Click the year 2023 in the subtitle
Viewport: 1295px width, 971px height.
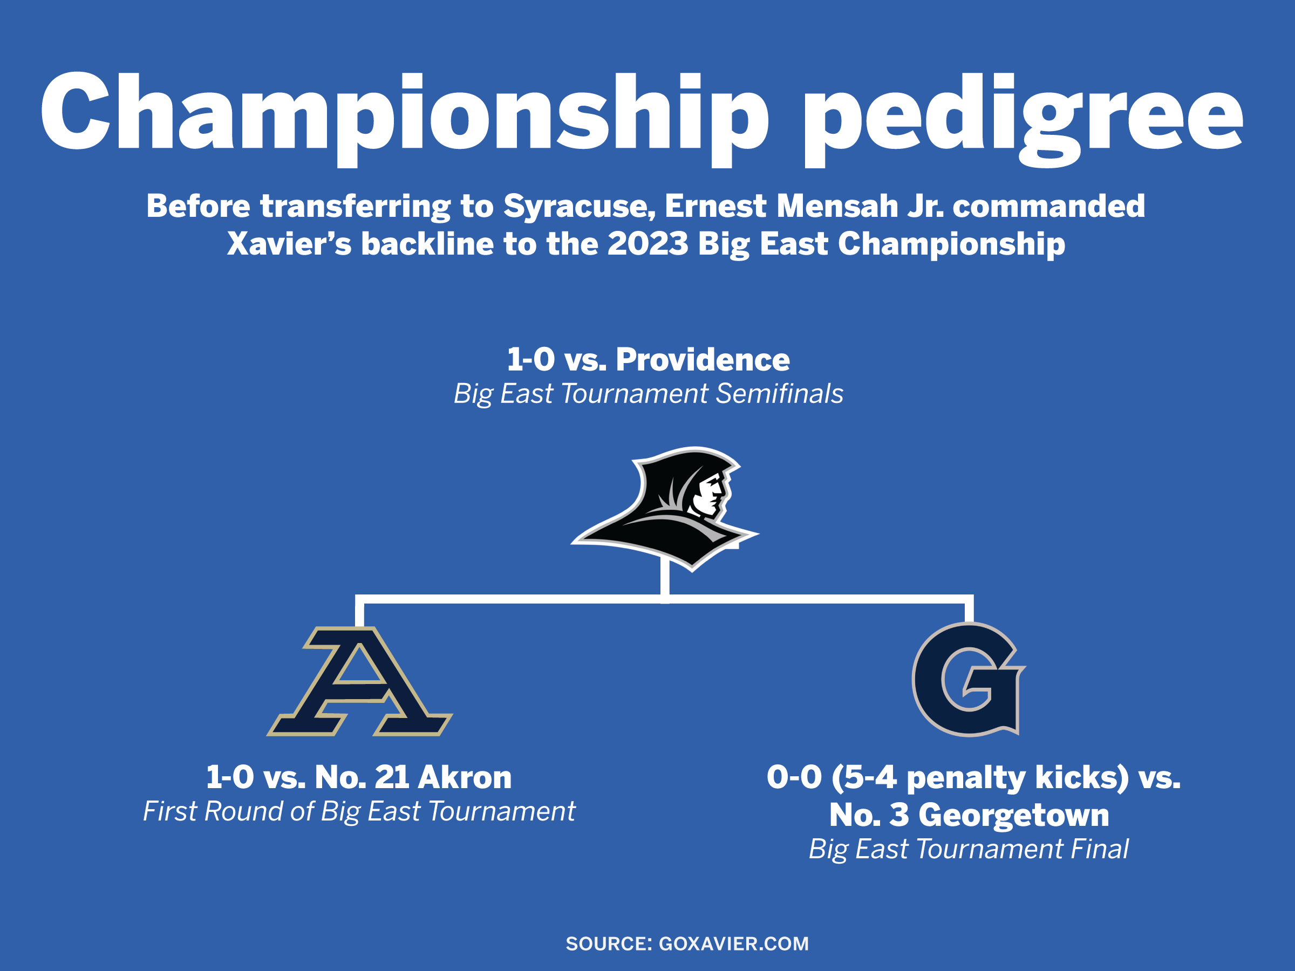pyautogui.click(x=647, y=243)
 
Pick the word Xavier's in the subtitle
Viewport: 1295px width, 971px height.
pyautogui.click(x=289, y=243)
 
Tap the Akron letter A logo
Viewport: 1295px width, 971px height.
pyautogui.click(x=359, y=681)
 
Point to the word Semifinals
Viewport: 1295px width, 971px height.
pyautogui.click(x=779, y=393)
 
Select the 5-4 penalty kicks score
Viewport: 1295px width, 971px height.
pyautogui.click(x=979, y=778)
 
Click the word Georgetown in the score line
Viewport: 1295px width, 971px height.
pyautogui.click(x=1013, y=815)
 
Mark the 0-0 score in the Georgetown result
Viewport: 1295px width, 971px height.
pyautogui.click(x=794, y=777)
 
